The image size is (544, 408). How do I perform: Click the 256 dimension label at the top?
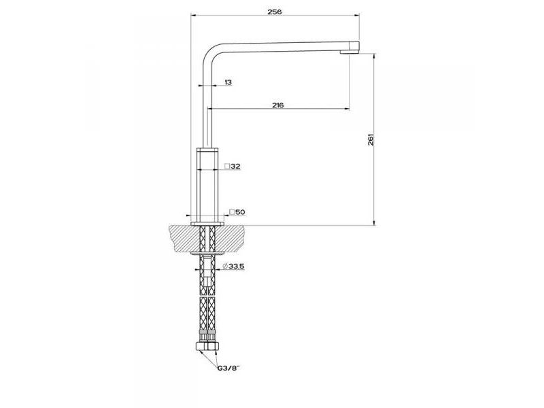[x=275, y=12]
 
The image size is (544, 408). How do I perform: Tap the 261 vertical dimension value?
[x=371, y=139]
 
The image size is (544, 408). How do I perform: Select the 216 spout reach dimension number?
[x=277, y=105]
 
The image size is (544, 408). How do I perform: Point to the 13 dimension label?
[x=228, y=82]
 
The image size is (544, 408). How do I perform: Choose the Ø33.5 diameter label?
[x=233, y=266]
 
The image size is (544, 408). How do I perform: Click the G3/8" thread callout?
[x=228, y=369]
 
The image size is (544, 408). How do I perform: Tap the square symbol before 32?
[x=227, y=166]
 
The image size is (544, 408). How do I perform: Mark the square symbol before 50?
[x=232, y=212]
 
